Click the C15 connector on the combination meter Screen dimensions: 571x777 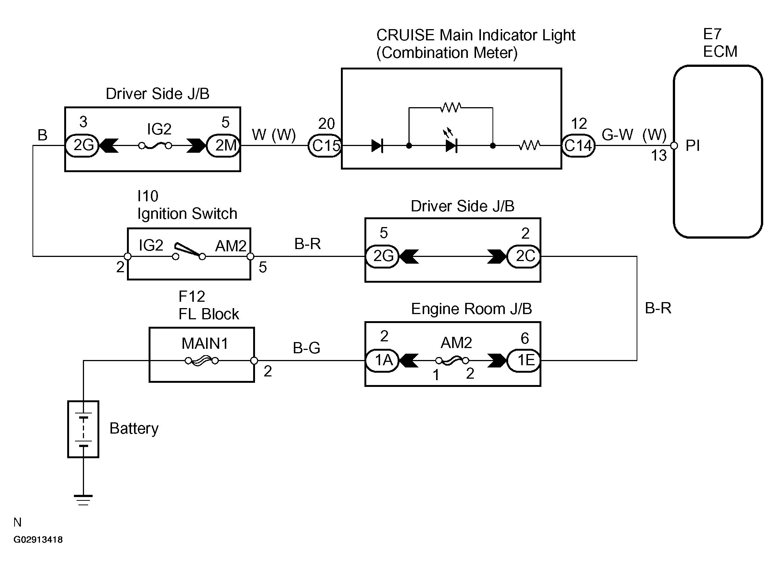pyautogui.click(x=324, y=146)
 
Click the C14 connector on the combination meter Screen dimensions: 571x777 pyautogui.click(x=578, y=146)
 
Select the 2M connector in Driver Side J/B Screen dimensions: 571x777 pyautogui.click(x=223, y=146)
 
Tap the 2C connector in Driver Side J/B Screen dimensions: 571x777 pyautogui.click(x=524, y=257)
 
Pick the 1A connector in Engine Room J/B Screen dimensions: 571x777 pyautogui.click(x=382, y=360)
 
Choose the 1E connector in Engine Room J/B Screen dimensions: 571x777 pyautogui.click(x=524, y=360)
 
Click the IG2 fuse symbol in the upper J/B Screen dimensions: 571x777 pyautogui.click(x=155, y=146)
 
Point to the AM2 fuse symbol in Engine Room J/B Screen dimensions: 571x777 pyautogui.click(x=452, y=361)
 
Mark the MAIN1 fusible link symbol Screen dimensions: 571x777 pyautogui.click(x=202, y=361)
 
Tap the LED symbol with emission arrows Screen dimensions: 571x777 pyautogui.click(x=451, y=145)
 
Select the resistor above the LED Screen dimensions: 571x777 pyautogui.click(x=450, y=108)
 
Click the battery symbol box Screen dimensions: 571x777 pyautogui.click(x=83, y=429)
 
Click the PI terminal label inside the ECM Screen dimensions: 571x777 pyautogui.click(x=693, y=146)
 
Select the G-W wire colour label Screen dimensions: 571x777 pyautogui.click(x=617, y=135)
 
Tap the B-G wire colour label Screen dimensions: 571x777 pyautogui.click(x=307, y=348)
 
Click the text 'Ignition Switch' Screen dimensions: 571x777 pyautogui.click(x=187, y=214)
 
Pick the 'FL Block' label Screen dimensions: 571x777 pyautogui.click(x=208, y=314)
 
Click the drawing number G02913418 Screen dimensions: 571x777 pyautogui.click(x=38, y=540)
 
